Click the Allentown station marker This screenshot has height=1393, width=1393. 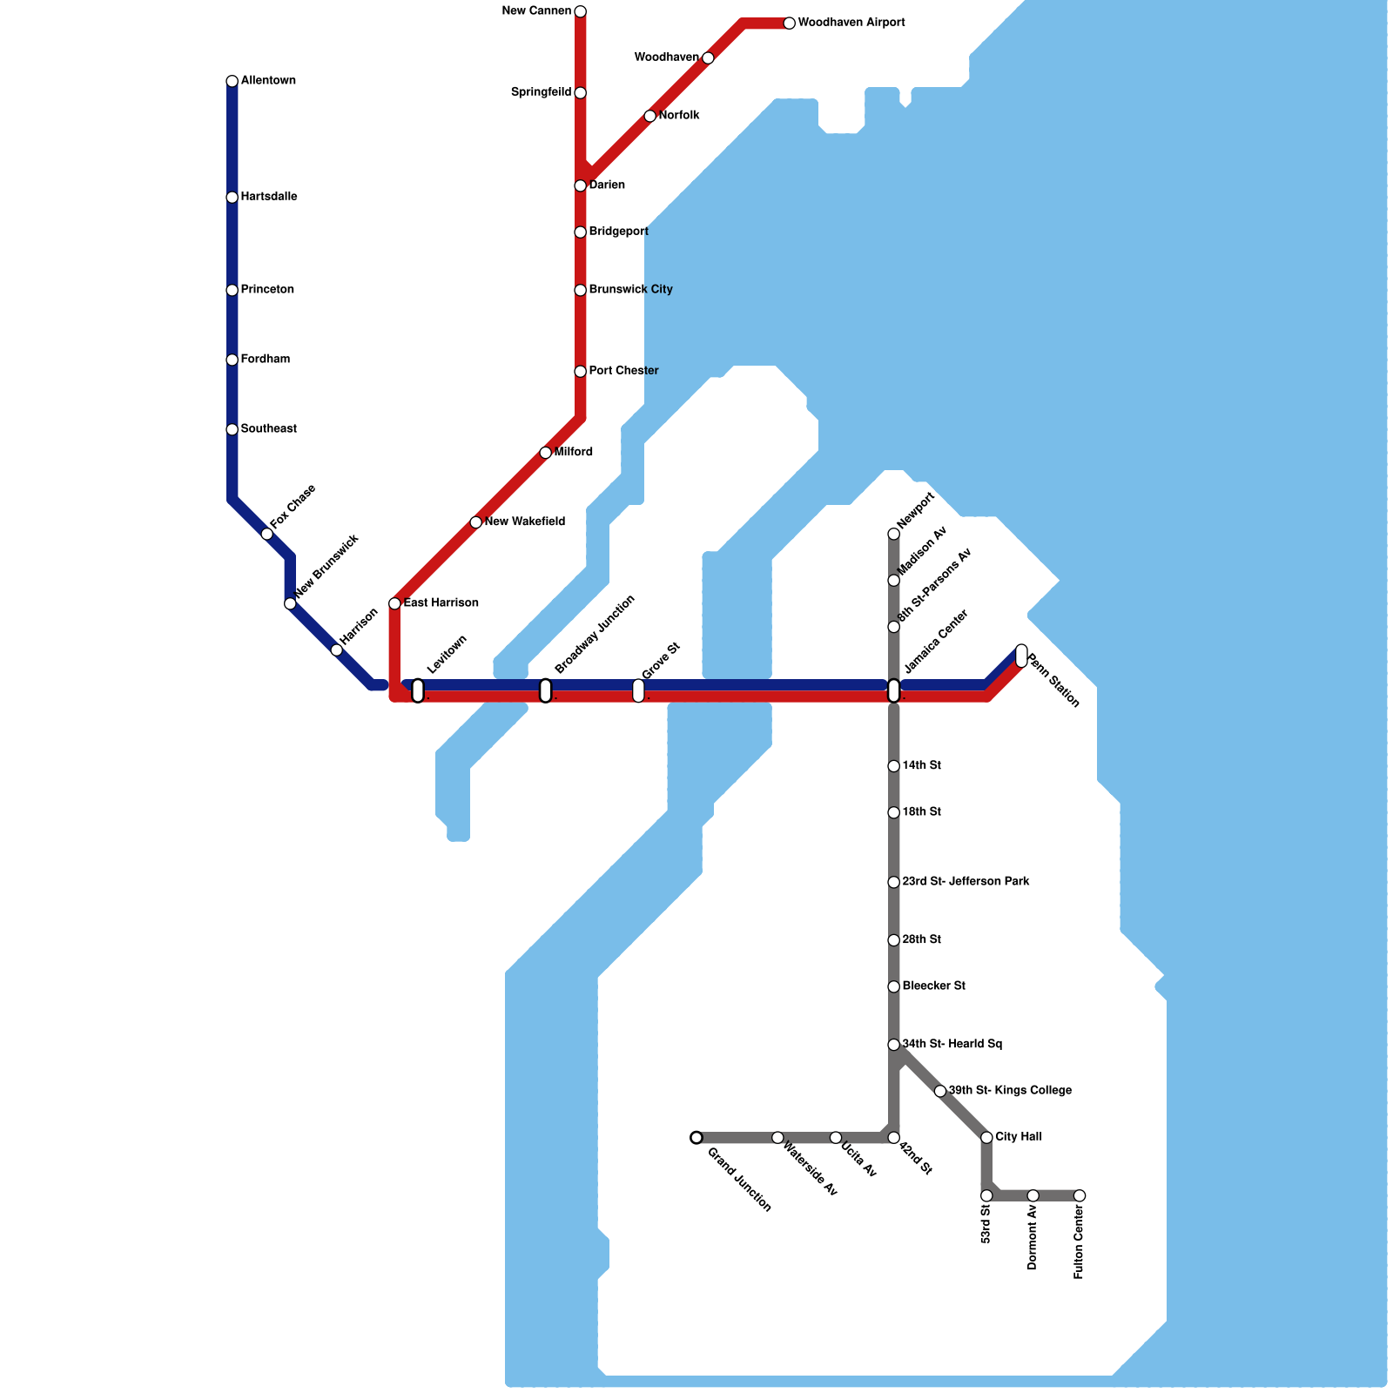pos(232,81)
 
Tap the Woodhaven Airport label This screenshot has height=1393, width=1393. pos(851,23)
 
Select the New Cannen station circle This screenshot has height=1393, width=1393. pos(580,11)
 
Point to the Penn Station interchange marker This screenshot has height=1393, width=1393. pos(1021,656)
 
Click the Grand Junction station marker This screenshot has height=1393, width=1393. pos(696,1137)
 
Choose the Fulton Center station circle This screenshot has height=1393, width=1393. pos(1079,1195)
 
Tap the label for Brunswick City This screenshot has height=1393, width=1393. pos(630,289)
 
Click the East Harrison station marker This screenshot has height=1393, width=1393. pos(394,603)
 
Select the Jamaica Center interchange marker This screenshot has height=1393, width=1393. pos(893,690)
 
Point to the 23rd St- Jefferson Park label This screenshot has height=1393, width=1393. pos(966,881)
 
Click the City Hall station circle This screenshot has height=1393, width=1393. pos(986,1137)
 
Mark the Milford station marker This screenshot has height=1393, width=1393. pos(545,453)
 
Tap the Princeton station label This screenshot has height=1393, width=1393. pos(267,289)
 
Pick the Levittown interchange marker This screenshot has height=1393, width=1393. pos(418,690)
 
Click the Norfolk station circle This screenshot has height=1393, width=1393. pos(649,116)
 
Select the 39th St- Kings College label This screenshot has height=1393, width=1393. pos(1010,1090)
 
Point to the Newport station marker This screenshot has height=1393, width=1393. pos(893,534)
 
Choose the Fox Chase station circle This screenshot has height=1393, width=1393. pos(266,534)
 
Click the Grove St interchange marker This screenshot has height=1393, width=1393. pos(638,690)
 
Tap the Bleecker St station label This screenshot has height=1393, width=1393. pos(933,986)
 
